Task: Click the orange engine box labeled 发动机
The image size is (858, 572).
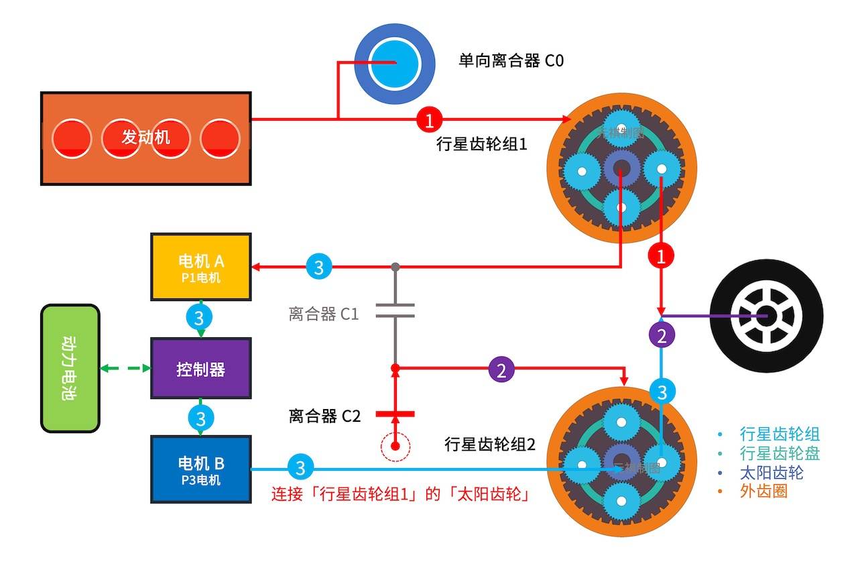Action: [x=146, y=138]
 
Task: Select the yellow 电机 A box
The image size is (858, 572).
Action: [x=201, y=267]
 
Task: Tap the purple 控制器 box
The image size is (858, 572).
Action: [x=201, y=369]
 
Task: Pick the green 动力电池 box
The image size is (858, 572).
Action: [x=70, y=368]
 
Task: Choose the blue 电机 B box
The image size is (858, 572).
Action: [x=201, y=469]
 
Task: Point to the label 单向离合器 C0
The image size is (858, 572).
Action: [x=511, y=61]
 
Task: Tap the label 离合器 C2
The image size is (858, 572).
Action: [x=324, y=416]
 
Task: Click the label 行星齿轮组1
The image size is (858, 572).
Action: [x=481, y=143]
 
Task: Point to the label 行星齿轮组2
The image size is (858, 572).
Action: [x=490, y=444]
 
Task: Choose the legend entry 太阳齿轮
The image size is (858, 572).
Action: [x=772, y=472]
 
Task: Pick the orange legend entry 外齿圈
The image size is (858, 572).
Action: [x=763, y=491]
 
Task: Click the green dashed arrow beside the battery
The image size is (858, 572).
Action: [x=125, y=368]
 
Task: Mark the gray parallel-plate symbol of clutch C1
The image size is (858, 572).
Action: [x=395, y=310]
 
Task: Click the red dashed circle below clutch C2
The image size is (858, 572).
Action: [x=395, y=445]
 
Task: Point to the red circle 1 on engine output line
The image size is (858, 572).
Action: [x=430, y=120]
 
